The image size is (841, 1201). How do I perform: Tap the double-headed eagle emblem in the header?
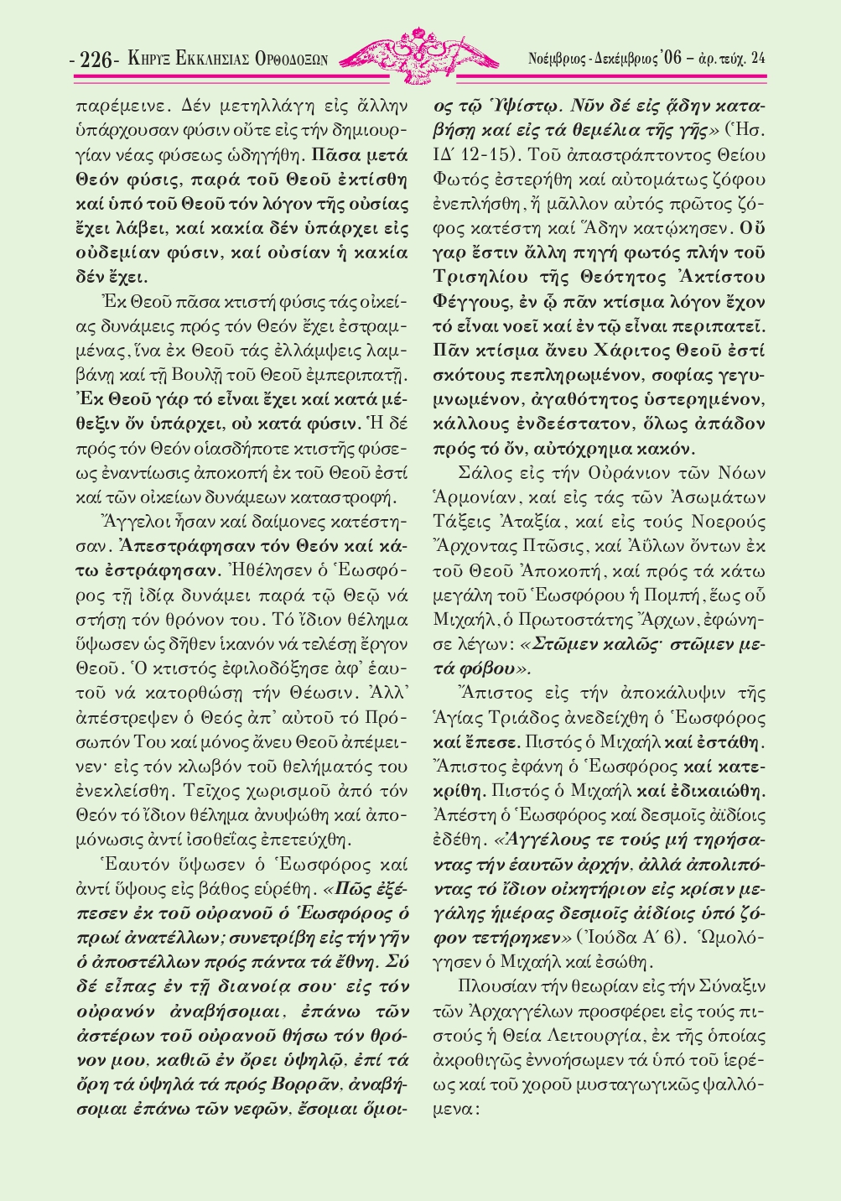pos(417,55)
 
